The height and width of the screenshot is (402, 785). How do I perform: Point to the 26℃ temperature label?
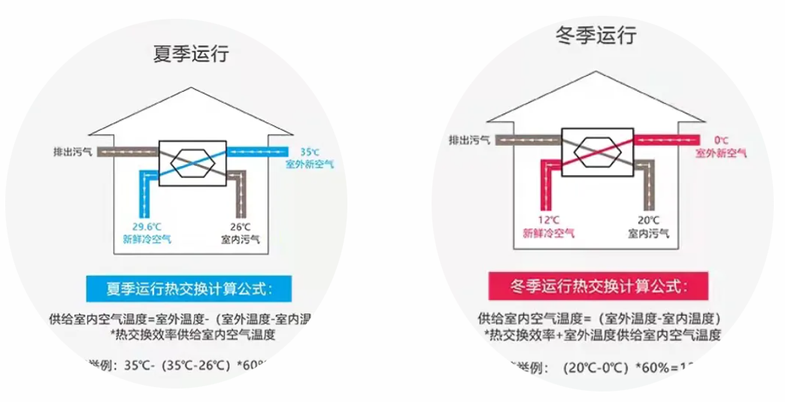tap(239, 226)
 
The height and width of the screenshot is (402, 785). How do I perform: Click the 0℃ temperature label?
tap(721, 140)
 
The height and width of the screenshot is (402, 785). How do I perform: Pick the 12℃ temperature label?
tap(549, 220)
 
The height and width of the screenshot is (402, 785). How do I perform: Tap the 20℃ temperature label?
tap(648, 220)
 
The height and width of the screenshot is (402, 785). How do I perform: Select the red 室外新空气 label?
tap(720, 153)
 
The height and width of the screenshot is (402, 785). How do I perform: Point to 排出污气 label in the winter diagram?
tap(470, 140)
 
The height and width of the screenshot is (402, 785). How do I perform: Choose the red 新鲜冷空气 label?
tap(549, 233)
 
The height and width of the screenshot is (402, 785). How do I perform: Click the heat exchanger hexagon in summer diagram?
tap(192, 160)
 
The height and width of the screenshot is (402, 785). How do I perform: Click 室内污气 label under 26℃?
tap(239, 239)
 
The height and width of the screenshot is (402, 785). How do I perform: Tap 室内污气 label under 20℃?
tap(648, 233)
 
